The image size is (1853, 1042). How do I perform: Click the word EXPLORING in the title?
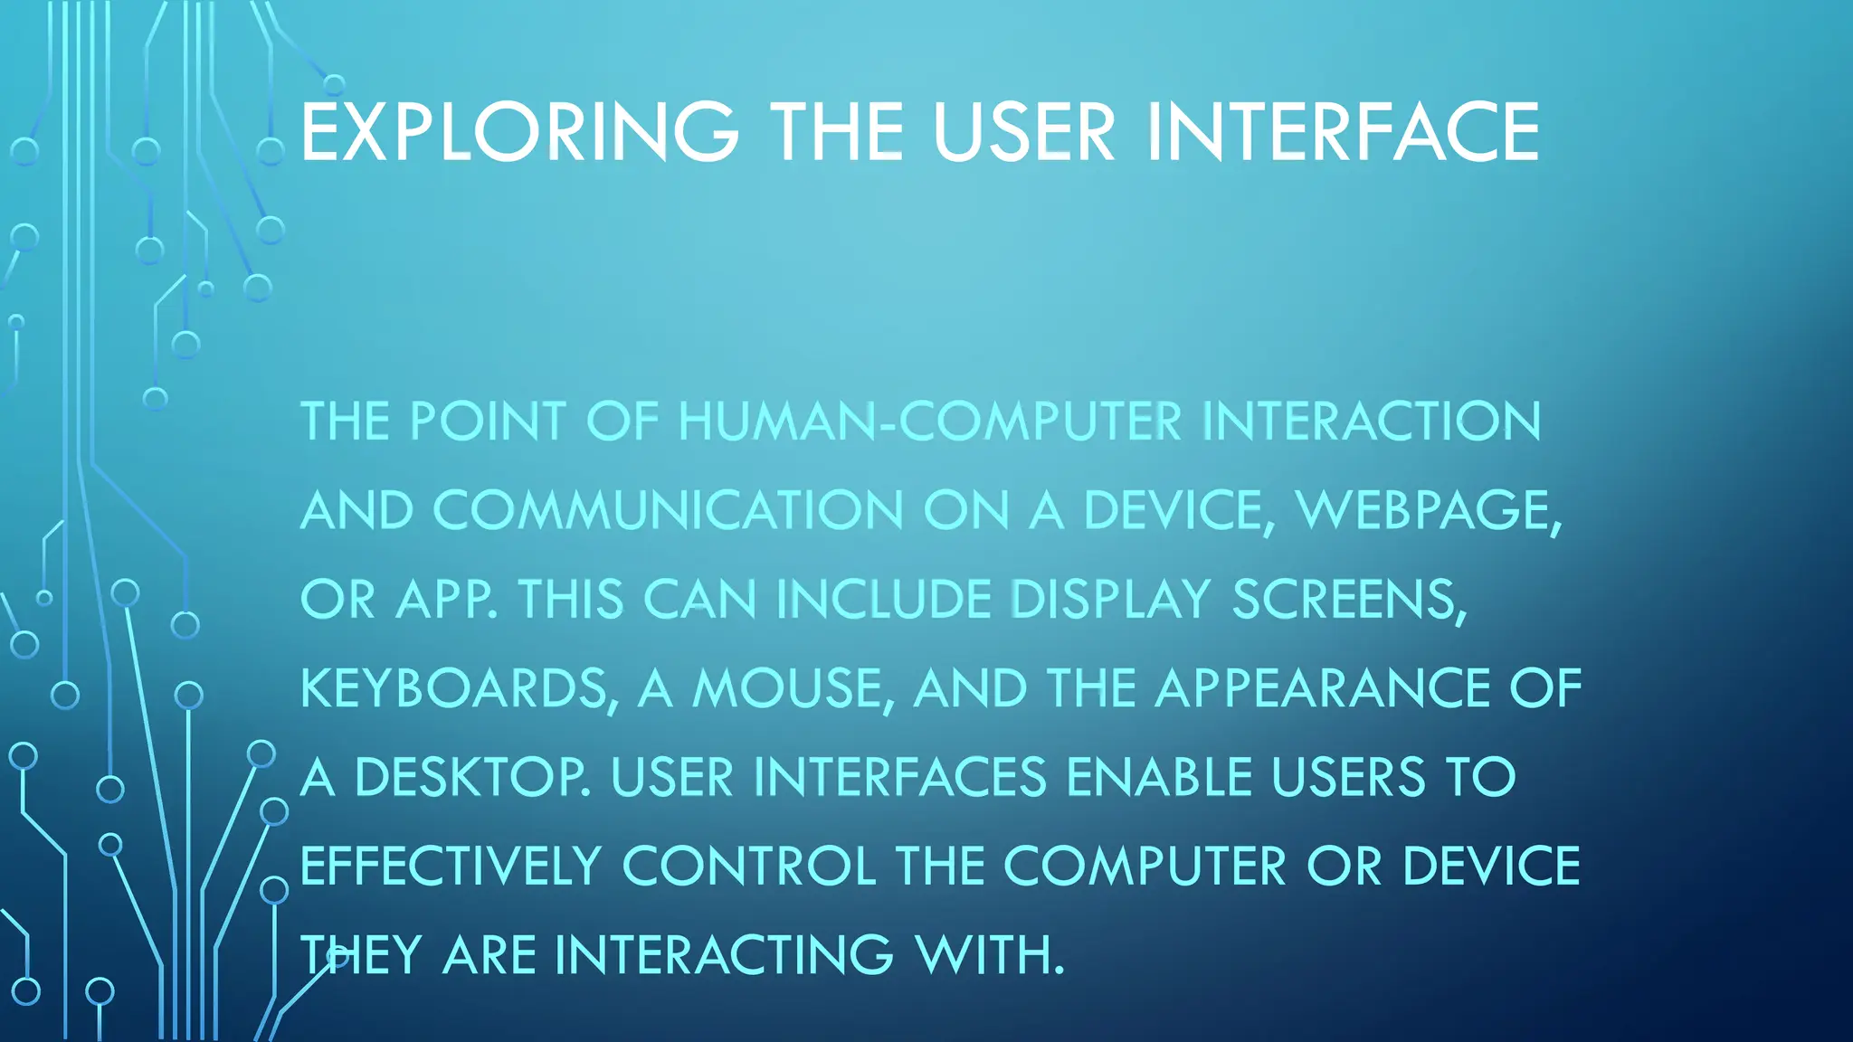click(x=518, y=132)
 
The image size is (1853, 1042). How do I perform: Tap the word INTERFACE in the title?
click(x=1343, y=132)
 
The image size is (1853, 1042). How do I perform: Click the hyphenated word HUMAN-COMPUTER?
click(x=930, y=422)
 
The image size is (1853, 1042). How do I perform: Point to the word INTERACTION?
click(x=1372, y=422)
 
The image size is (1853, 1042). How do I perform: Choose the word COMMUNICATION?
click(x=668, y=510)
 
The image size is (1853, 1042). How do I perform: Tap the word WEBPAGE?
click(x=1428, y=510)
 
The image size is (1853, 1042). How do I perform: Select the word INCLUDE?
click(x=883, y=600)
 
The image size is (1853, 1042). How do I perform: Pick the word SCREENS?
click(x=1347, y=600)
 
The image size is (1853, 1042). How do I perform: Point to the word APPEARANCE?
click(x=1322, y=688)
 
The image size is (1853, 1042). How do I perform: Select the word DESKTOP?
click(x=471, y=777)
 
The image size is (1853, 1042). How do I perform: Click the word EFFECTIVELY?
click(x=451, y=867)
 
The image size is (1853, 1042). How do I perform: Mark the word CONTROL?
click(x=749, y=867)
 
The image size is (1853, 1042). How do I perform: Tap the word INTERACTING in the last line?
click(x=724, y=955)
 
